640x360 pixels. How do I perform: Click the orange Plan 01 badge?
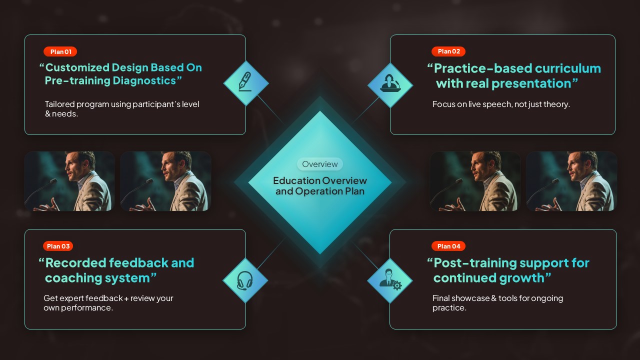60,51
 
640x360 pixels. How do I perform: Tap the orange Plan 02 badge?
448,51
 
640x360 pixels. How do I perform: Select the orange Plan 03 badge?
58,246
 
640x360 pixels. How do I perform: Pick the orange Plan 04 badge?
448,246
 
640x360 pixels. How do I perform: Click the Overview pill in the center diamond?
320,164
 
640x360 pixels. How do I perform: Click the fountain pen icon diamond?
246,83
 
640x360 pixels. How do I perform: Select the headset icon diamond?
245,280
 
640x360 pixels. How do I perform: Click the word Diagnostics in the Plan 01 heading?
144,81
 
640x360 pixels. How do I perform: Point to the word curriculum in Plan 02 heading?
567,68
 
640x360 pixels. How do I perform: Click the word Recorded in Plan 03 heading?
75,263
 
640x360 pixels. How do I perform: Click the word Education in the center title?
296,180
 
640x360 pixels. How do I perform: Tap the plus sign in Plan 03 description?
126,299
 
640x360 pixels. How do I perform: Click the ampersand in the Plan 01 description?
47,113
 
